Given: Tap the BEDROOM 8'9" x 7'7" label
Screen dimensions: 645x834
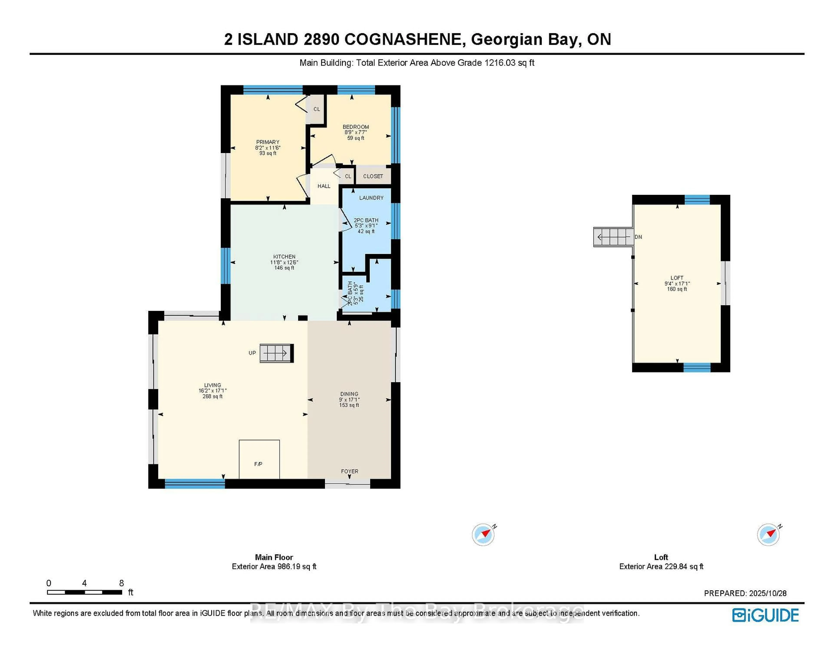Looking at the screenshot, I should (356, 132).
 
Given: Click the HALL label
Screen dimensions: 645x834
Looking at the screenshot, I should (324, 186).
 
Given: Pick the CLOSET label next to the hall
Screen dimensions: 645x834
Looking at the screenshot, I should (373, 176).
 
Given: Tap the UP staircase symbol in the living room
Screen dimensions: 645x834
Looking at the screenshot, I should (276, 353).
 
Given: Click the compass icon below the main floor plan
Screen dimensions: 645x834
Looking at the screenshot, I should (483, 534).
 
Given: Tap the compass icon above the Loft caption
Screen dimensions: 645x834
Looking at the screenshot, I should (768, 534).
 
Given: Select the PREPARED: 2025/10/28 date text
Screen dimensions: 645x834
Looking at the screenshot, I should (745, 593).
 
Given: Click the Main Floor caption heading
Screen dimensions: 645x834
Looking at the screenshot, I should (274, 557).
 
